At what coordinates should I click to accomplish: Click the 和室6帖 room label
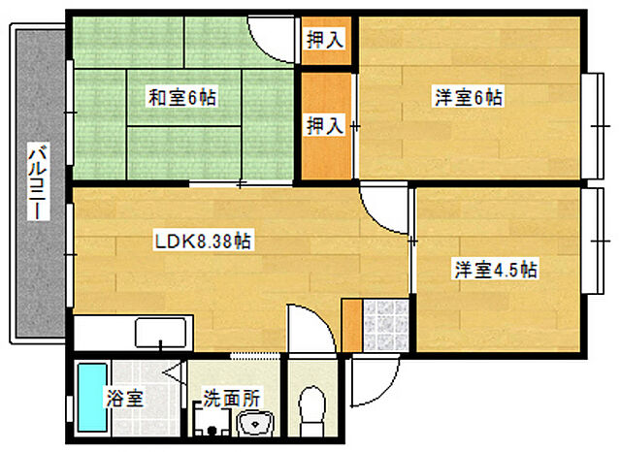(x=182, y=98)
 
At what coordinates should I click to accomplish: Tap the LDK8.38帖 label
(x=203, y=242)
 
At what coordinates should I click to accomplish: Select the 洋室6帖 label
(x=469, y=98)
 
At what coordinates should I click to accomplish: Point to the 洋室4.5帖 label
(x=496, y=270)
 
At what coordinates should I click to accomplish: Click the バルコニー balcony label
(x=39, y=181)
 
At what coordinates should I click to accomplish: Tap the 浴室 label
(x=124, y=399)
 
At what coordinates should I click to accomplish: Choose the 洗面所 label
(x=232, y=399)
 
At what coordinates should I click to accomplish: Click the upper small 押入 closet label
(x=325, y=40)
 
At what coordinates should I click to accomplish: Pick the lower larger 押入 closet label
(x=325, y=126)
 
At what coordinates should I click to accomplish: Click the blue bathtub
(x=92, y=398)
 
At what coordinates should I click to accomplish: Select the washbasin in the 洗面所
(x=255, y=423)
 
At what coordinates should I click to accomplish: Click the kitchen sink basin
(x=160, y=332)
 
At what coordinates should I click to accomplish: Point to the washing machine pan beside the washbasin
(x=212, y=419)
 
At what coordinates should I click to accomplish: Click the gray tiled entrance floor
(x=385, y=325)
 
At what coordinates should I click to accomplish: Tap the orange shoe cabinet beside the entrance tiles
(x=351, y=325)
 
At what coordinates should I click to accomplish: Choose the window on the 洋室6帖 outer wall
(x=593, y=126)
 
